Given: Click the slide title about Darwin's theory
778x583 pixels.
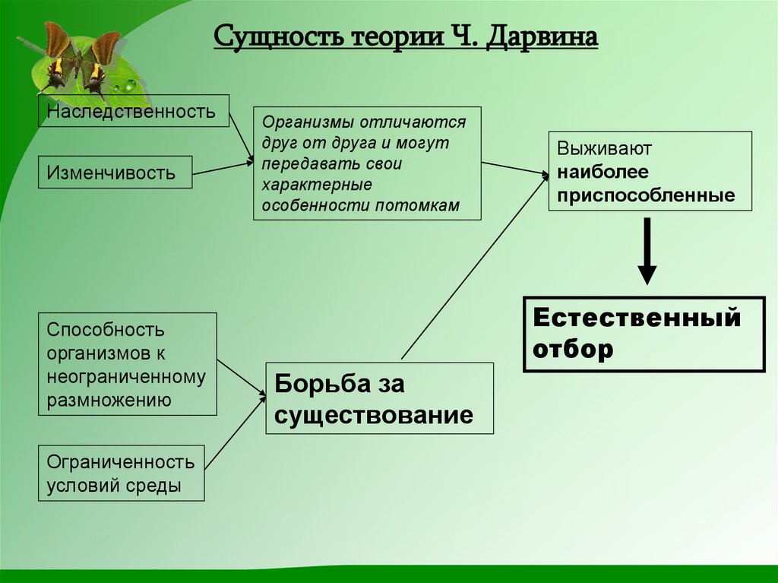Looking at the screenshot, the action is (x=405, y=36).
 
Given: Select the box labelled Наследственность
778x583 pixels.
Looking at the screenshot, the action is (x=134, y=112).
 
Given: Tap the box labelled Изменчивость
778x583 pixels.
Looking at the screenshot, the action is (x=115, y=173).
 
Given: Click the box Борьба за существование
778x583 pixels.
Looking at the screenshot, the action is (x=379, y=398).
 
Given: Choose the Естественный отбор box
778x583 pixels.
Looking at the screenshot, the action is (x=644, y=334).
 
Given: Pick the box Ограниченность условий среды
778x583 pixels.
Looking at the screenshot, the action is (x=122, y=473).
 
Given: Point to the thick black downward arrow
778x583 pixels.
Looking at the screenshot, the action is (x=647, y=252).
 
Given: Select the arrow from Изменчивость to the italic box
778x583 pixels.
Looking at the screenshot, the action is (x=222, y=168).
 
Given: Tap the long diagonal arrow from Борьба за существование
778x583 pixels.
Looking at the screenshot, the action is (x=474, y=266).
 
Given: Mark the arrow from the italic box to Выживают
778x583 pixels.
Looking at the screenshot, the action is (x=514, y=169).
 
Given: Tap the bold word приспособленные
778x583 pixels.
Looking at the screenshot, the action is (x=646, y=195).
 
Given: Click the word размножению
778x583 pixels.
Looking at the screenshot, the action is (x=108, y=400).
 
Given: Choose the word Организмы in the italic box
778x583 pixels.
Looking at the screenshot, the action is (x=299, y=121).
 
